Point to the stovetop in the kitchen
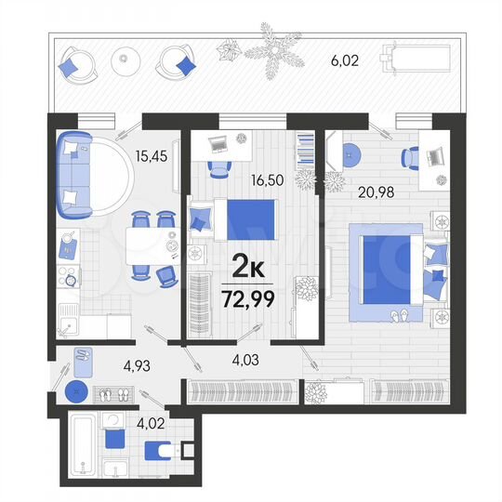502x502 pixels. [67, 276]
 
